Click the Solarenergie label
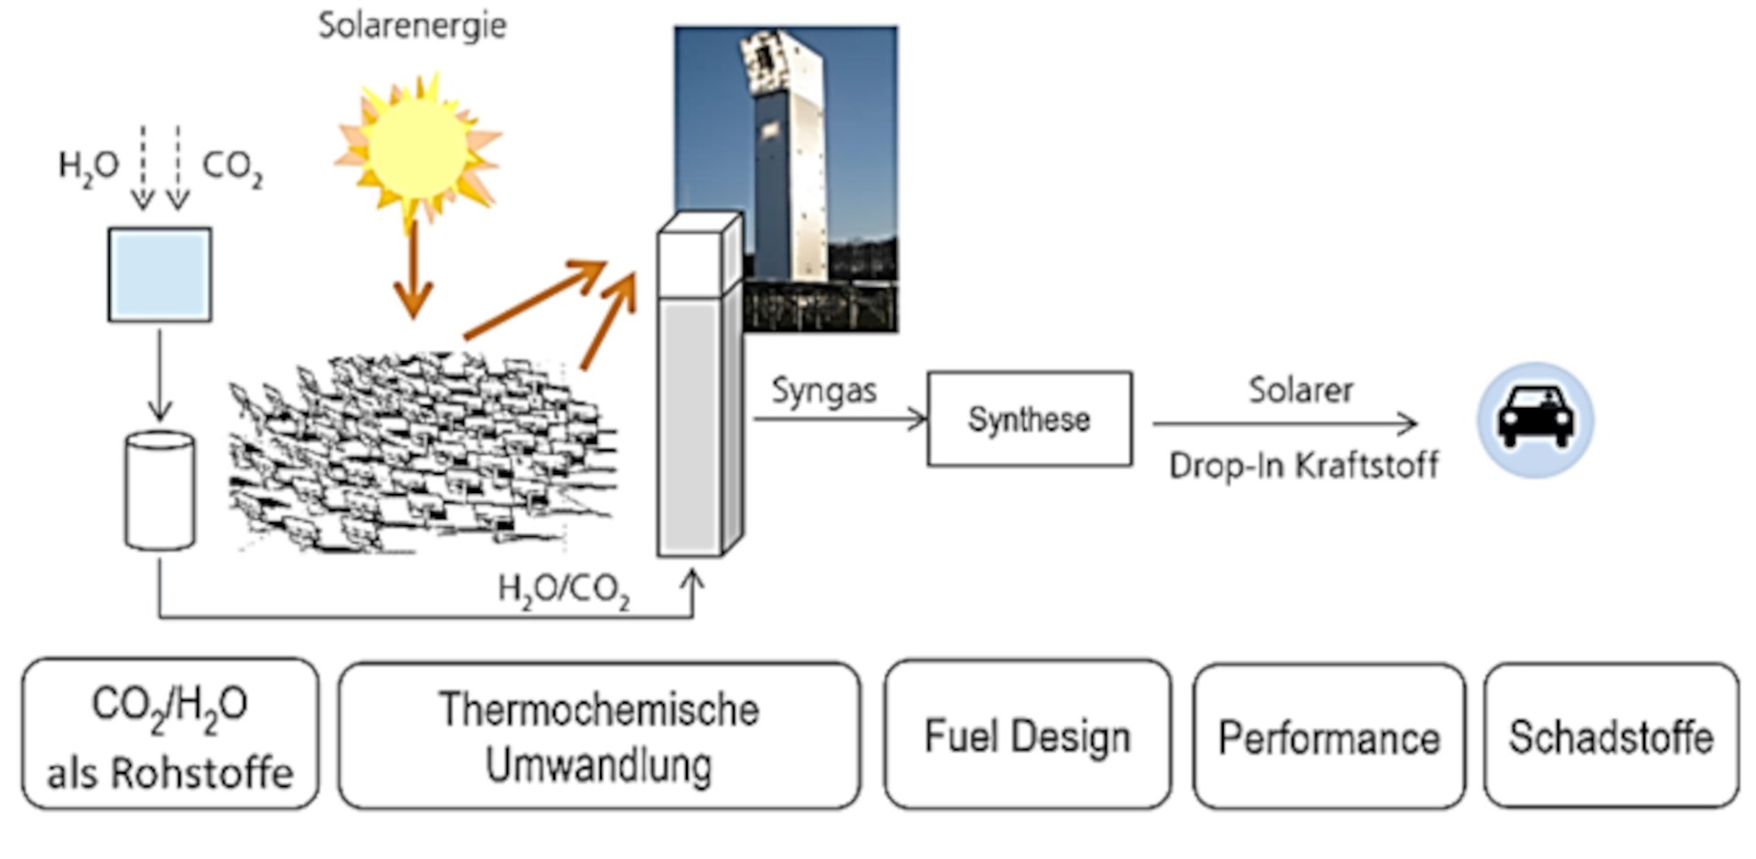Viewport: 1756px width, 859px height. click(412, 26)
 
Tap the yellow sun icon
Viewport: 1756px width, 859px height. click(417, 146)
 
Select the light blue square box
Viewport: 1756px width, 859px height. click(160, 274)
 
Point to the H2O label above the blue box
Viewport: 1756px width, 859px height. click(88, 166)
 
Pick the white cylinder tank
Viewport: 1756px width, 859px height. click(160, 492)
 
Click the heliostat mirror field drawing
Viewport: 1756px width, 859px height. click(421, 453)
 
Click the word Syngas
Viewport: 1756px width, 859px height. click(823, 391)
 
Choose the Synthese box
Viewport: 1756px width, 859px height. click(1029, 419)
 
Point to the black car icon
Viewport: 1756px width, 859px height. click(1535, 419)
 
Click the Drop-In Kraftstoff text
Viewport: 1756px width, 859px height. click(1303, 466)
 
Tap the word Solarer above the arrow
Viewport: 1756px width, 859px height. click(1301, 391)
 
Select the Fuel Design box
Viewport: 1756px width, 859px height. click(1027, 736)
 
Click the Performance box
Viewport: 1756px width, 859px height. click(1328, 737)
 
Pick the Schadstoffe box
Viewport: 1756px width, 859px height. click(1611, 736)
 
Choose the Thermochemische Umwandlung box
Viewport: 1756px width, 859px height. click(599, 736)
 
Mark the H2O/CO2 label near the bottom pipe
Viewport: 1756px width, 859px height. click(563, 589)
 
